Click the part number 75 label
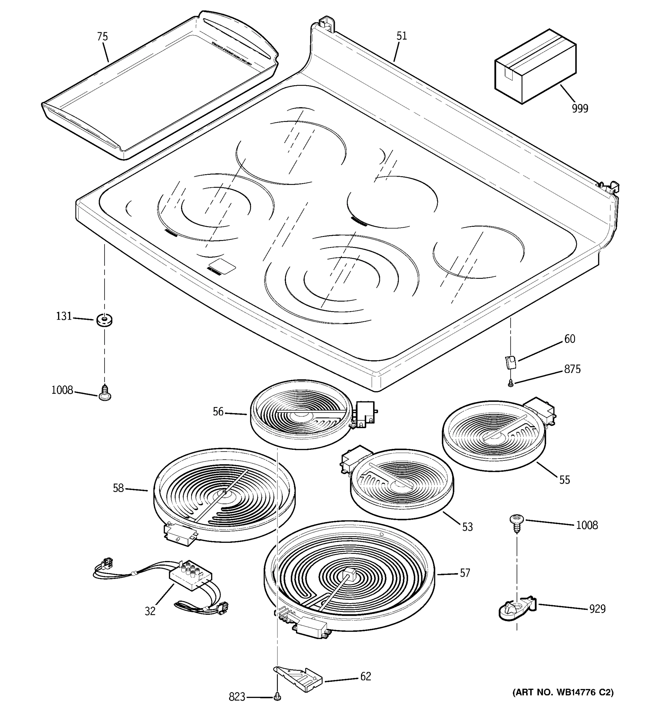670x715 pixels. (x=102, y=37)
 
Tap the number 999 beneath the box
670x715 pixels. (x=580, y=108)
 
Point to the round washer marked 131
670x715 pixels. (x=105, y=319)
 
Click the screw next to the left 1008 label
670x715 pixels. (x=105, y=392)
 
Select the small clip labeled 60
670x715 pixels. (x=510, y=362)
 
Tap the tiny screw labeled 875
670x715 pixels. (x=510, y=384)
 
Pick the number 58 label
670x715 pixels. (x=118, y=488)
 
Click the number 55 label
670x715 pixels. (x=564, y=480)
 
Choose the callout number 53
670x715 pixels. (x=467, y=527)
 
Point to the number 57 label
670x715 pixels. (x=465, y=573)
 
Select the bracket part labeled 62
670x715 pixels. (x=298, y=679)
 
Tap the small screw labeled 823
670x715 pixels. (x=277, y=697)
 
